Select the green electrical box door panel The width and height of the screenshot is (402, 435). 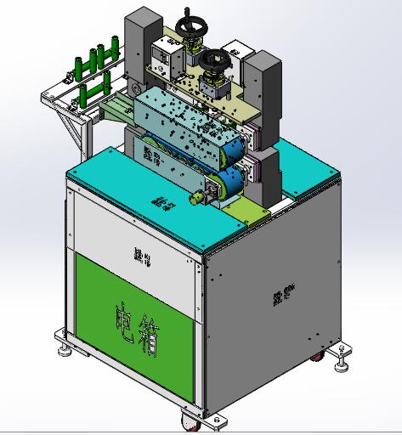[x=136, y=314]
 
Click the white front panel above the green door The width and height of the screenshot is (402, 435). [x=136, y=234]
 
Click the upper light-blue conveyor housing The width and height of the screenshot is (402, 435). [x=183, y=119]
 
